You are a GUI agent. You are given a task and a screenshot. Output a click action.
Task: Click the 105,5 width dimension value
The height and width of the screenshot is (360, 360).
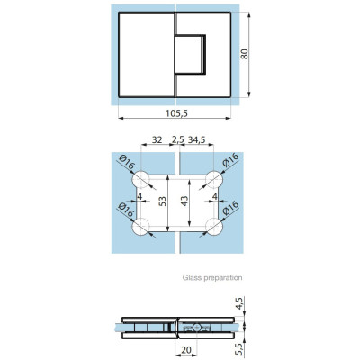tap(176, 113)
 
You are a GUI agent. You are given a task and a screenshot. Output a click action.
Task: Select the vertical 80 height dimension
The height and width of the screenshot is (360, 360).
tap(245, 54)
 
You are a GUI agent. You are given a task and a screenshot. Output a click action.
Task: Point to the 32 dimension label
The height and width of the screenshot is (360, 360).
tap(157, 139)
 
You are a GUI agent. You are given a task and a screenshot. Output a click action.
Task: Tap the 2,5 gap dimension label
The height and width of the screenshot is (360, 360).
tap(178, 139)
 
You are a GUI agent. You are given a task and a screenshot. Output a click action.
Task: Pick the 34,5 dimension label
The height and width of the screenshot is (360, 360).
tap(196, 139)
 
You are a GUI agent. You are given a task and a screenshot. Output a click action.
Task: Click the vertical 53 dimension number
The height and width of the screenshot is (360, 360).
tap(162, 202)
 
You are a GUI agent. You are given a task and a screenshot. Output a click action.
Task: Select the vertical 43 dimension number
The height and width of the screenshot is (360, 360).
tap(184, 201)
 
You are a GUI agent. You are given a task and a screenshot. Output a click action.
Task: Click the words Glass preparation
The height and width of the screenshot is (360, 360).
tap(212, 277)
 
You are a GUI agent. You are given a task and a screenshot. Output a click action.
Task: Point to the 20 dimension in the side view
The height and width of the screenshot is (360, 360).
tap(186, 350)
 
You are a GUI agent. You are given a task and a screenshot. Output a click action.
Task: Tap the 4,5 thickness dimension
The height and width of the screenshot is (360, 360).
tap(239, 303)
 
